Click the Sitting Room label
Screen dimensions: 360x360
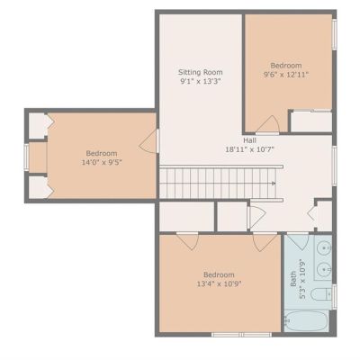201,72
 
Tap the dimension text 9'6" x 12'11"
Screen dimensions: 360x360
286,75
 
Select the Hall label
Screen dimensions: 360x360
249,140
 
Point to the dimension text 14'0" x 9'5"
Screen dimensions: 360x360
102,162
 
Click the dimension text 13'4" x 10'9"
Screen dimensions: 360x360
219,283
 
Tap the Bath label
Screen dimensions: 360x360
293,279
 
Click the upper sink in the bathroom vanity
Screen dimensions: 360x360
325,247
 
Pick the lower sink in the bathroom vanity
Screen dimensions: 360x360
325,269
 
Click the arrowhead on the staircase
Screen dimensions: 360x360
274,183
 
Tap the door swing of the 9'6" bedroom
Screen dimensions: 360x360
268,124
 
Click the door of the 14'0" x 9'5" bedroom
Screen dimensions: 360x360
149,141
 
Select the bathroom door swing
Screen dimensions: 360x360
299,242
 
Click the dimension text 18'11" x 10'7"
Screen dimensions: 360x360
250,149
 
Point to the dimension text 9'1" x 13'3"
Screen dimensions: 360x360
201,81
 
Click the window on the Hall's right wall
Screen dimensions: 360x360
334,165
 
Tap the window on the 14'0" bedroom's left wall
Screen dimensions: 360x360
26,157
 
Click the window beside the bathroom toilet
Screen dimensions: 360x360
334,297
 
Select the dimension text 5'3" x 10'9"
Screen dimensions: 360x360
302,279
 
